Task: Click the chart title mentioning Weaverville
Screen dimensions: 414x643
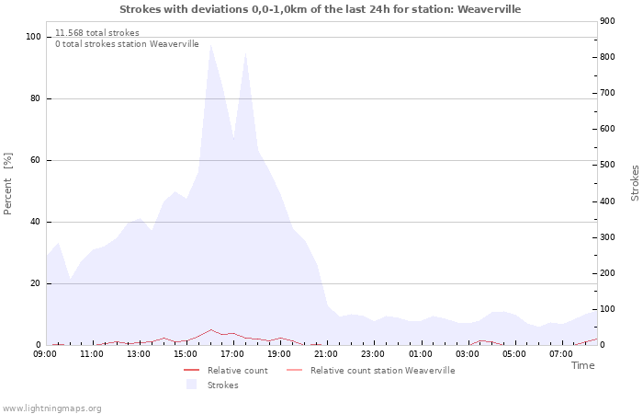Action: pyautogui.click(x=321, y=9)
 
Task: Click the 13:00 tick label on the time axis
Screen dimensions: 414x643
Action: pyautogui.click(x=139, y=354)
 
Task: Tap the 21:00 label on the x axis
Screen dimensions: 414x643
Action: pyautogui.click(x=326, y=354)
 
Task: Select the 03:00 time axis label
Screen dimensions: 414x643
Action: pyautogui.click(x=467, y=354)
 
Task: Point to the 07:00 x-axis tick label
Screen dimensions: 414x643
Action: pyautogui.click(x=560, y=354)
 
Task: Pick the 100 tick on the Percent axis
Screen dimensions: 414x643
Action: pyautogui.click(x=33, y=37)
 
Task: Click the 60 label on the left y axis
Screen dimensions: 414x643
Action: pyautogui.click(x=35, y=160)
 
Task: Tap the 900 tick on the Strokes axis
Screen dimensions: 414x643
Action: pyautogui.click(x=606, y=21)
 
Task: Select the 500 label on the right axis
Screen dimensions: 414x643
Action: pyautogui.click(x=606, y=165)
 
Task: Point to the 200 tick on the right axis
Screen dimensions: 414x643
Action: pyautogui.click(x=606, y=273)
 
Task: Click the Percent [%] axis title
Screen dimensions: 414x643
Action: pyautogui.click(x=8, y=184)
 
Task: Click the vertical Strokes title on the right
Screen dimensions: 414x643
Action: pyautogui.click(x=635, y=183)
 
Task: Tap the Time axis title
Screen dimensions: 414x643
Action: pyautogui.click(x=582, y=365)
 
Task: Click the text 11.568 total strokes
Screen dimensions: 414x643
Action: pyautogui.click(x=97, y=33)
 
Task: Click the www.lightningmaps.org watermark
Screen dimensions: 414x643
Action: pyautogui.click(x=51, y=408)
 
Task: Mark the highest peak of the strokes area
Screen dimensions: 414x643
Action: pyautogui.click(x=210, y=45)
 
